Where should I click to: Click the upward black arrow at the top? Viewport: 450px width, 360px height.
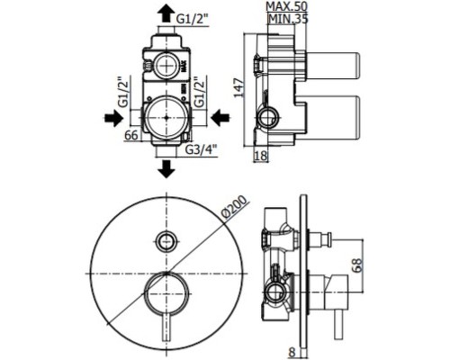(x=166, y=14)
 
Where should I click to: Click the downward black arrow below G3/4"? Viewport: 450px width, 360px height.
(x=166, y=169)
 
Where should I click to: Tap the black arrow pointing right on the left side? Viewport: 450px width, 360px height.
(x=114, y=117)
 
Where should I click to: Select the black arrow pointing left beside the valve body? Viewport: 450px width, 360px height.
(x=220, y=117)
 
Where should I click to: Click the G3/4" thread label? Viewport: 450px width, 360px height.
(x=201, y=149)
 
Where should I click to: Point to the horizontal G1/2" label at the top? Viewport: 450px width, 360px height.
(x=192, y=19)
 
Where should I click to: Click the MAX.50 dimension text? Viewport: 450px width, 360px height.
(x=287, y=6)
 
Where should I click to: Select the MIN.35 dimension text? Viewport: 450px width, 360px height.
(x=288, y=19)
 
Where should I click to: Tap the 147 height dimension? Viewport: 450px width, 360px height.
(x=239, y=87)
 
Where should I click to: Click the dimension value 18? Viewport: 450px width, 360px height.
(x=260, y=156)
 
